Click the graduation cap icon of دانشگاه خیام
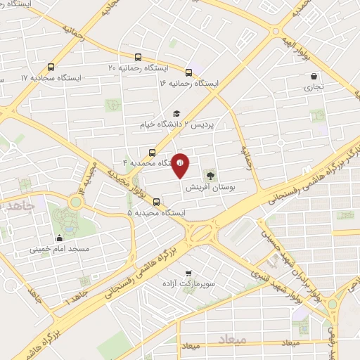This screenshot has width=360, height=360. point(176,113)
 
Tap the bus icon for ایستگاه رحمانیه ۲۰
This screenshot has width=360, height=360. point(139,58)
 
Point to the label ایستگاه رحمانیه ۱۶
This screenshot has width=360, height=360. point(189,83)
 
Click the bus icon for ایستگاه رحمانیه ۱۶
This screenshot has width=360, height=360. point(188,72)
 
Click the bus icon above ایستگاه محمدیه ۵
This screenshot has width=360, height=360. point(156,202)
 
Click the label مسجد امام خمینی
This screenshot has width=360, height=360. point(59,249)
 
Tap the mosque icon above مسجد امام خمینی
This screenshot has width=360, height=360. point(59,238)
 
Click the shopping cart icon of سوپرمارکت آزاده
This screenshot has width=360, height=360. point(187,272)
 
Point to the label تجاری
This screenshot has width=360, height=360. point(311,88)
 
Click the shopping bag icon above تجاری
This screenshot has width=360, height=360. point(312,77)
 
